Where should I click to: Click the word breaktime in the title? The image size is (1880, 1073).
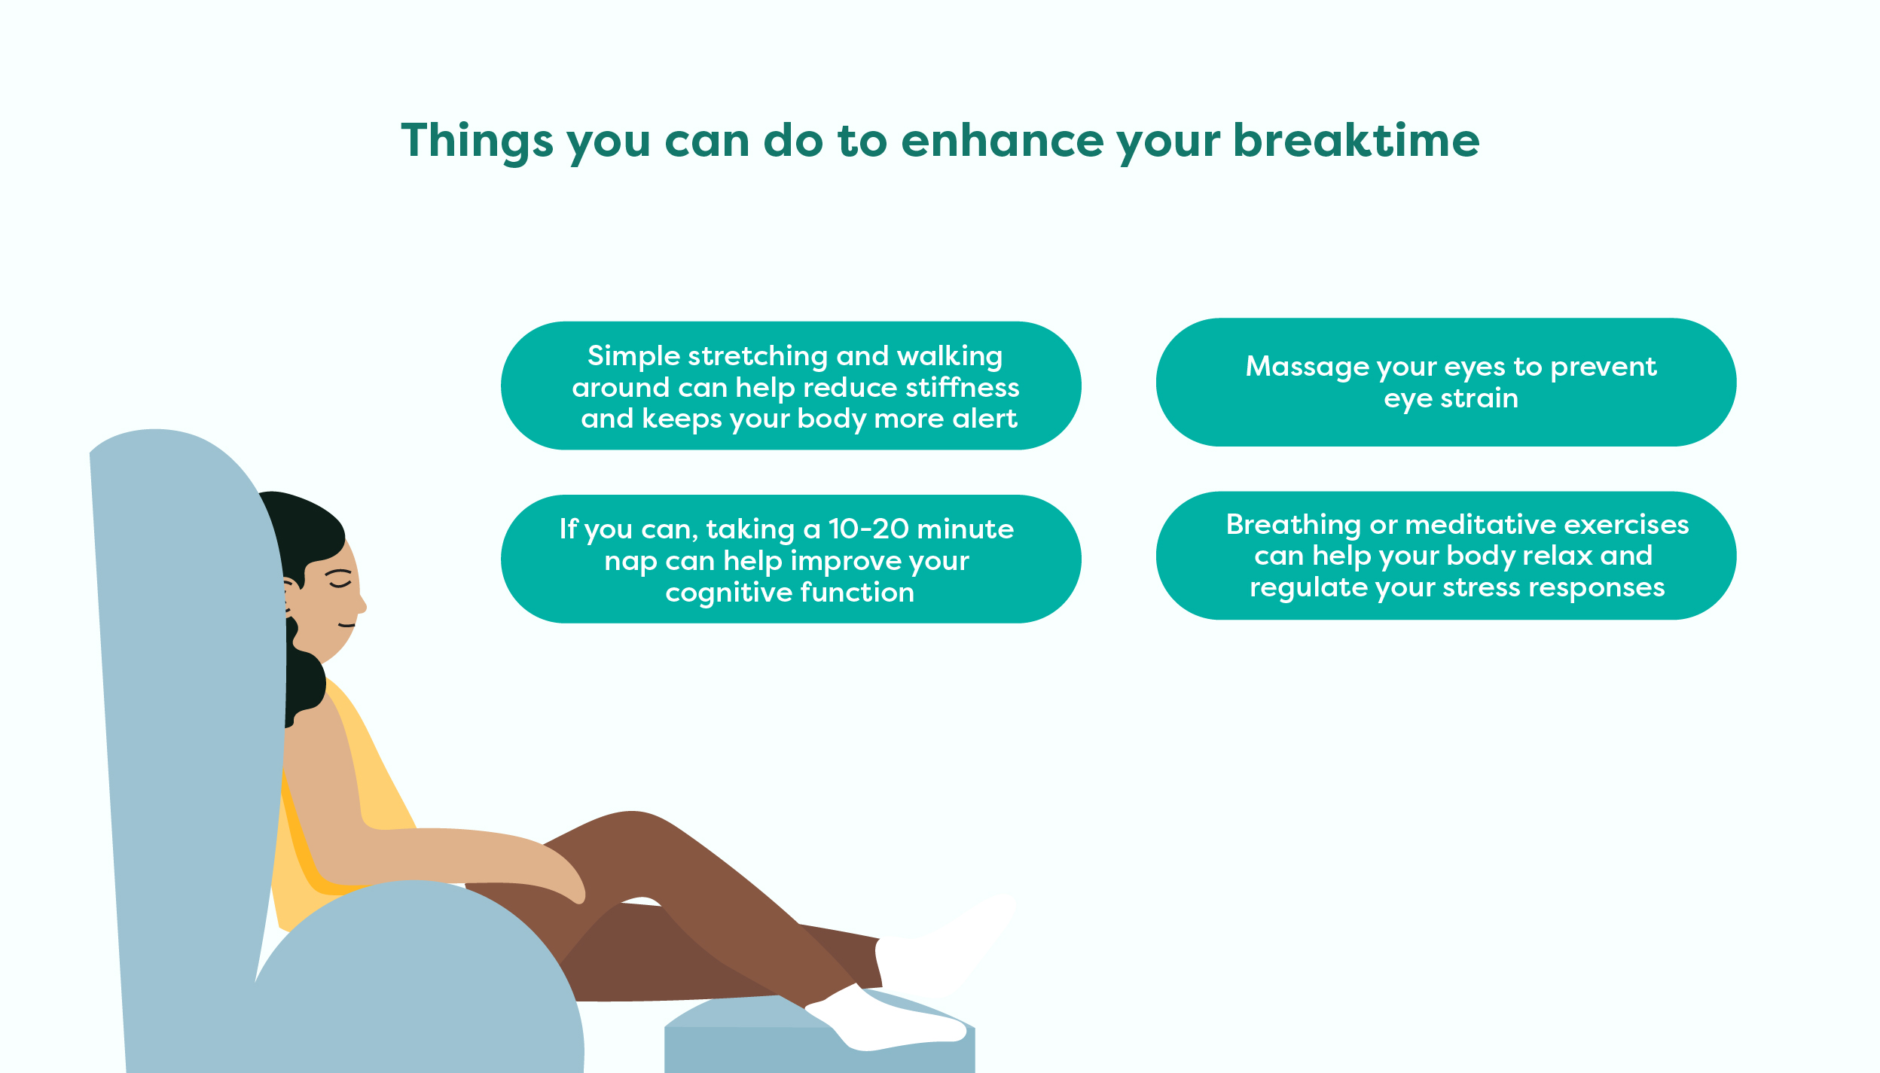coord(1356,141)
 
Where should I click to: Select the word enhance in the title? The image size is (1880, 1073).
coord(1002,141)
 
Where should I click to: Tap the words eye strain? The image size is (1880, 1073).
coord(1451,399)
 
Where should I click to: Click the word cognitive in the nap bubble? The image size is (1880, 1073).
coord(728,593)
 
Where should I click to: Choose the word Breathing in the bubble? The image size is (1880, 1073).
coord(1293,525)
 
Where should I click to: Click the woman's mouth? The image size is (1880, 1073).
coord(346,625)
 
